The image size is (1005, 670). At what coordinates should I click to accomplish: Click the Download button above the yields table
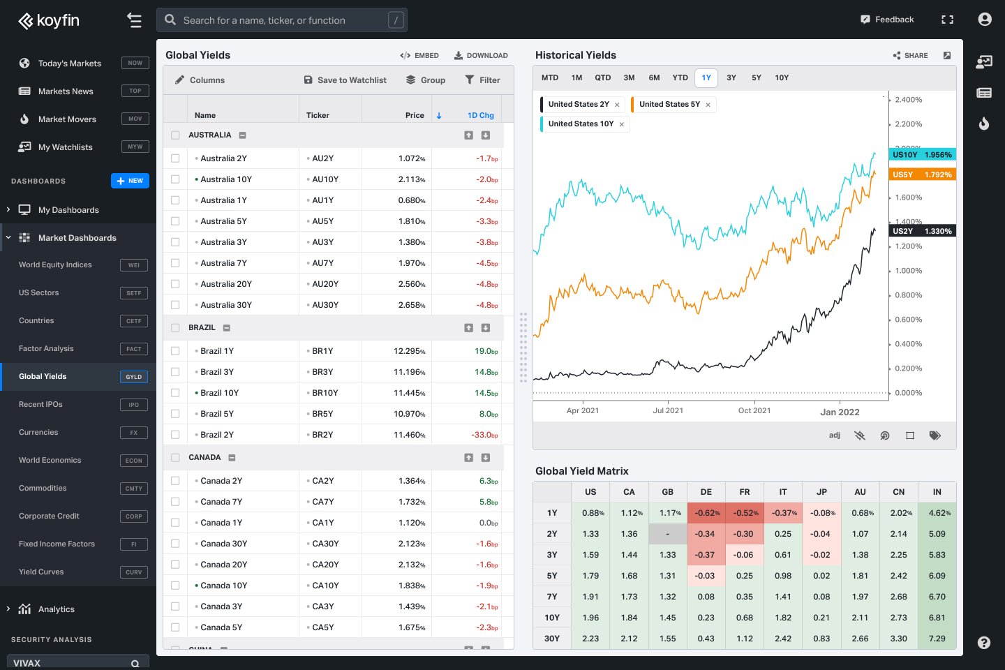tap(481, 55)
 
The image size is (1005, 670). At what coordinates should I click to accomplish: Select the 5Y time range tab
tap(757, 77)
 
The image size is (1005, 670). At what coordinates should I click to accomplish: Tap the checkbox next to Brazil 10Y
tap(175, 393)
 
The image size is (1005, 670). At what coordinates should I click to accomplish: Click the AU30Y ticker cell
tap(325, 305)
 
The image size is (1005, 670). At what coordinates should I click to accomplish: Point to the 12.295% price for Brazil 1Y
tap(409, 351)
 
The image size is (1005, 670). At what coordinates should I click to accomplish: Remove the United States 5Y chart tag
tap(708, 105)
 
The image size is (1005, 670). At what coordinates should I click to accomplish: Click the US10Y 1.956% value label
tap(922, 155)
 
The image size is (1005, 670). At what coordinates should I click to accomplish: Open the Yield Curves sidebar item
tap(41, 572)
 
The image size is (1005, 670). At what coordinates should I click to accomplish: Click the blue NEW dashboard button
tap(130, 181)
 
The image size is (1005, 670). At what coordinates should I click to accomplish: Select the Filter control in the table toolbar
tap(482, 80)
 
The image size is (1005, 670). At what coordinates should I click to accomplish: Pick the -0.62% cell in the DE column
tap(706, 513)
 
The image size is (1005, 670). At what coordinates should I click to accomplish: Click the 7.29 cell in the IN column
tap(937, 639)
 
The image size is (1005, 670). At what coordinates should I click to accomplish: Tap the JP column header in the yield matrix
tap(821, 492)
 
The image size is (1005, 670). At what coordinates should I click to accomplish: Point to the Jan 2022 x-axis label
tap(840, 412)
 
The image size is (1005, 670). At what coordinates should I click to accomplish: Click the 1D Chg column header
tap(480, 115)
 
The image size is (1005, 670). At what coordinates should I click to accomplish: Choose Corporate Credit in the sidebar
tap(49, 516)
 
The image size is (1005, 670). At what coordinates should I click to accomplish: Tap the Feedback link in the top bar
tap(887, 20)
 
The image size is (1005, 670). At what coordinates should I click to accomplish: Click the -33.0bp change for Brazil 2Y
tap(484, 435)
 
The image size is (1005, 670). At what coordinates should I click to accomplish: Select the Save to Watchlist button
tap(345, 80)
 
